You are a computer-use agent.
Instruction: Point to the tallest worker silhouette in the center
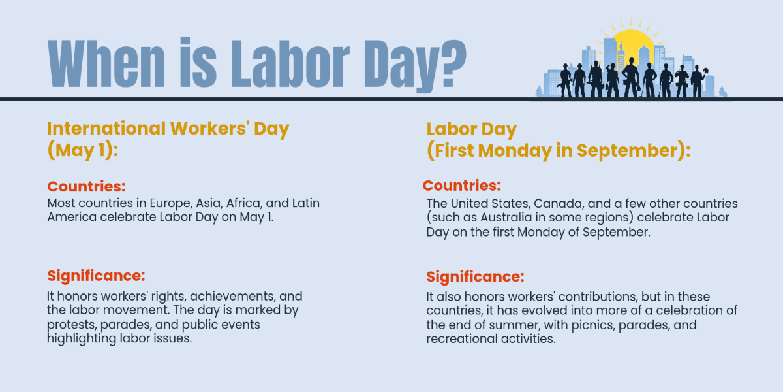pos(631,78)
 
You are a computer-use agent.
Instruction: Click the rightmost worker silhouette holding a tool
pos(698,81)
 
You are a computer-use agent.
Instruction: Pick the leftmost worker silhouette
pos(566,80)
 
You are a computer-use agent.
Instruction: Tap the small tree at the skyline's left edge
pos(540,91)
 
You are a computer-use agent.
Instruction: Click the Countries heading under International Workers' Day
pos(86,186)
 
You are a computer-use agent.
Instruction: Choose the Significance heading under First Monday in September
pos(476,276)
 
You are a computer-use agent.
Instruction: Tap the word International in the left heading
pos(106,129)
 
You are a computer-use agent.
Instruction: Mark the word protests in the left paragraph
pos(72,325)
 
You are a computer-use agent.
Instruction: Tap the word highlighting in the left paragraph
pos(82,339)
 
